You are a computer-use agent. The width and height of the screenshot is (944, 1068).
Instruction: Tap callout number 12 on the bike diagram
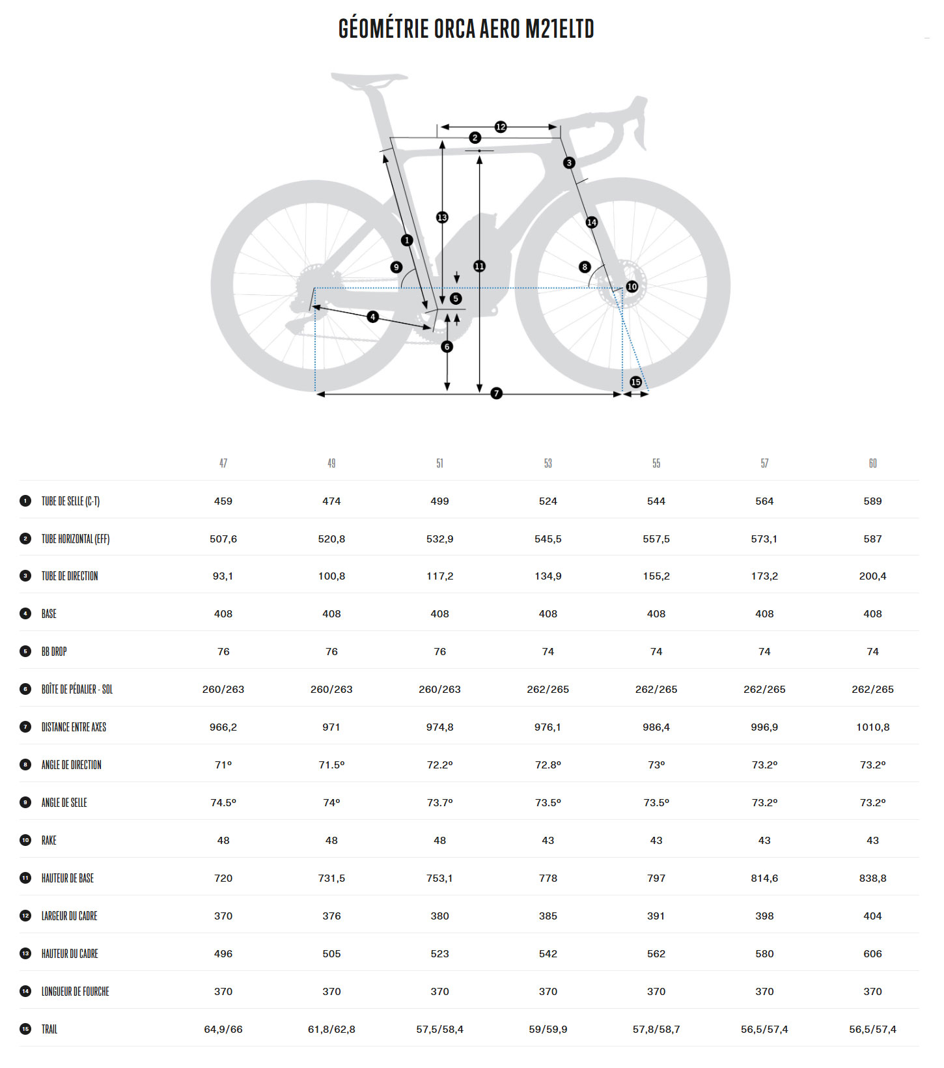click(501, 127)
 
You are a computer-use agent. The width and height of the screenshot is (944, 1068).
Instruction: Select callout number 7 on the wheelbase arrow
click(497, 393)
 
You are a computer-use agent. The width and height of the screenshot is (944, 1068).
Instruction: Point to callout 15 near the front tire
click(636, 382)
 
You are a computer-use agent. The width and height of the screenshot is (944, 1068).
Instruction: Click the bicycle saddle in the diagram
click(368, 81)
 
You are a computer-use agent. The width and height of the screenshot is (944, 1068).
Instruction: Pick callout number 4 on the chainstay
click(373, 317)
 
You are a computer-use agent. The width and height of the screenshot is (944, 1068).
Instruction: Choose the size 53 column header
click(548, 464)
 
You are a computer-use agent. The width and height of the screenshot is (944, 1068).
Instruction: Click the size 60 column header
click(872, 464)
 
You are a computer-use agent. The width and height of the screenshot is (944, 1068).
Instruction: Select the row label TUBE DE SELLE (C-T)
click(70, 501)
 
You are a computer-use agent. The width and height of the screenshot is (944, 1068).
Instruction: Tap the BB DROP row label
click(54, 652)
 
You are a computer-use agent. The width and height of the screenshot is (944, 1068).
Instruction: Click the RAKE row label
click(49, 841)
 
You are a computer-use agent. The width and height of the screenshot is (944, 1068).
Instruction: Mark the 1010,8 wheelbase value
click(872, 727)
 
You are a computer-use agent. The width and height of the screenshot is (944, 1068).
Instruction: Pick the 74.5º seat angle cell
click(223, 803)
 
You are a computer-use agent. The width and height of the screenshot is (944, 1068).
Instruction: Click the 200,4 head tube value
click(872, 576)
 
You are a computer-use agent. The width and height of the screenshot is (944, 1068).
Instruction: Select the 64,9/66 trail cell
click(223, 1030)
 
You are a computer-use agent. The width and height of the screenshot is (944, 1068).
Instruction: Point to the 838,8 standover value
click(872, 878)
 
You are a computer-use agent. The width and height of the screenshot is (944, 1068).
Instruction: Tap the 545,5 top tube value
click(548, 539)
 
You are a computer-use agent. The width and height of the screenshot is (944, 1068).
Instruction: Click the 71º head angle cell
click(223, 765)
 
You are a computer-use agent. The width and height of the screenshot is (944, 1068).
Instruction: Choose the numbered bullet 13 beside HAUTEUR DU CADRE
click(25, 953)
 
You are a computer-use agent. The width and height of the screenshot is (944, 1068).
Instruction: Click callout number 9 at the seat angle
click(396, 267)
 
